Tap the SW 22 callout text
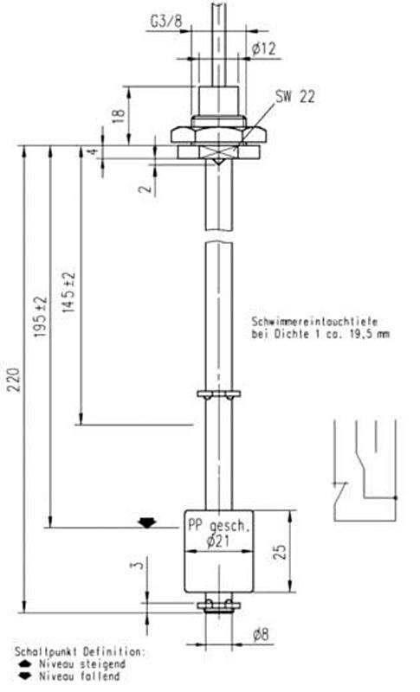point(294,98)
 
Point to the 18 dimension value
point(119,112)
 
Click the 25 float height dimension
point(279,551)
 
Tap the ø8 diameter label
point(259,634)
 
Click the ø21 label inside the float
point(218,541)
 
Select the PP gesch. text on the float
point(218,525)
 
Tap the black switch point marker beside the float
point(146,522)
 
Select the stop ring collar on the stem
point(217,395)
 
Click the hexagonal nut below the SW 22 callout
point(218,134)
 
